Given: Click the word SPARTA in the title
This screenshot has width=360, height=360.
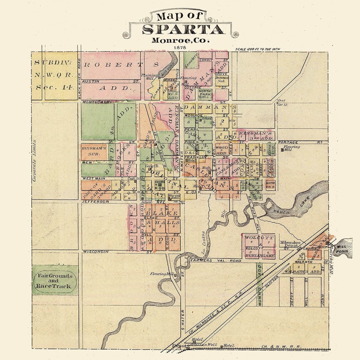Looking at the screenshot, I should point(183,29).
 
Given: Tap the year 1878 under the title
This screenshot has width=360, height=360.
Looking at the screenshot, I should point(180,47).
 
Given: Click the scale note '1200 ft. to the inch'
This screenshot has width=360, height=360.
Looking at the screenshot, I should point(257,49).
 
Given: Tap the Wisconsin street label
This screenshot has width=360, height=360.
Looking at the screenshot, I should point(96,251).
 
